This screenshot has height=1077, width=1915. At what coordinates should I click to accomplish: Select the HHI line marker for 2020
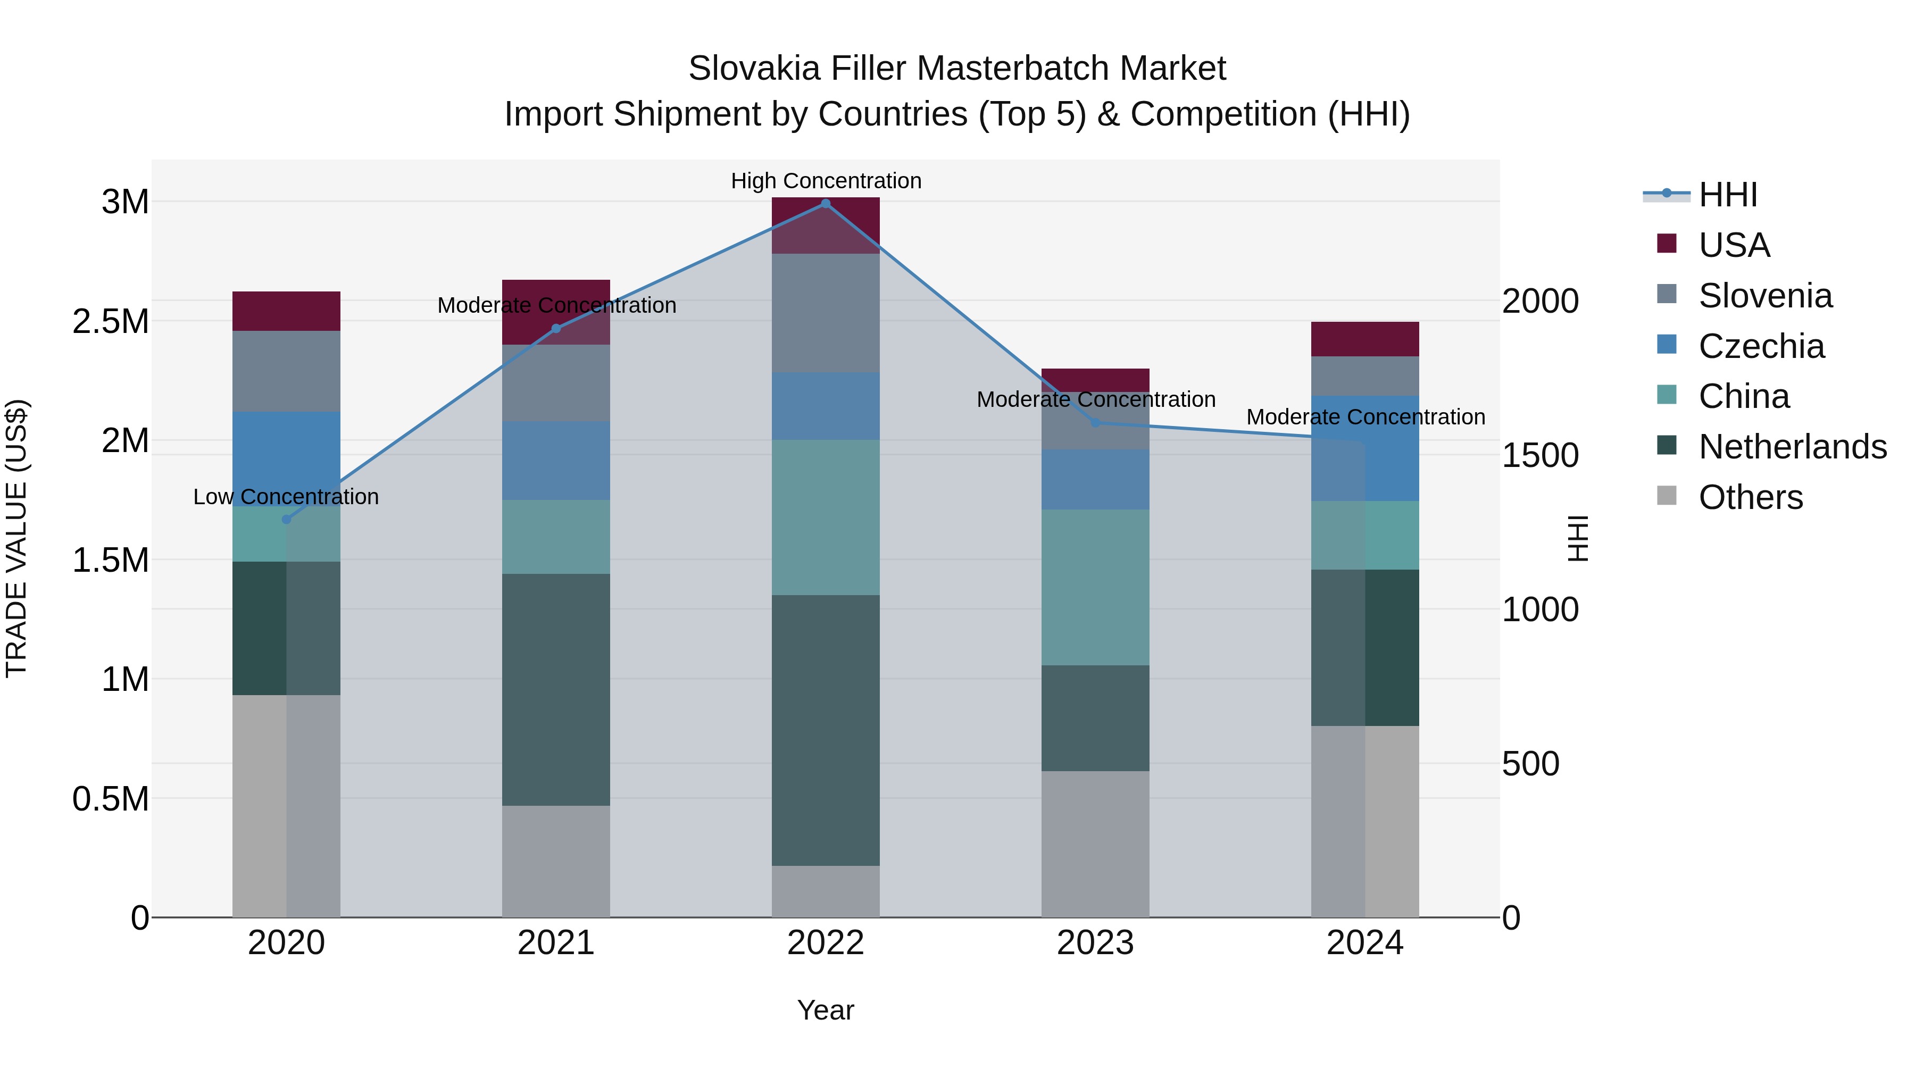pyautogui.click(x=286, y=520)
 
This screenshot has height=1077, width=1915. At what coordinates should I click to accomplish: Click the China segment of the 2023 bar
pyautogui.click(x=1095, y=587)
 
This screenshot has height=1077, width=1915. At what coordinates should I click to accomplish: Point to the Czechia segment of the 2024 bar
pyautogui.click(x=1365, y=448)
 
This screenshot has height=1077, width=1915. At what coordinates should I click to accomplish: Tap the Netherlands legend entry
pyautogui.click(x=1792, y=447)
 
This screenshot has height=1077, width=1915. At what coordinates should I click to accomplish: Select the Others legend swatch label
pyautogui.click(x=1750, y=497)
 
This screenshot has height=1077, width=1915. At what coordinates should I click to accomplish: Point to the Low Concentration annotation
pyautogui.click(x=286, y=497)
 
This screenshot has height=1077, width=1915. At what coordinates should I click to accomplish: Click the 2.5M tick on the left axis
pyautogui.click(x=110, y=321)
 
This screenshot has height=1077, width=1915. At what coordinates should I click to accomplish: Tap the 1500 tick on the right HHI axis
pyautogui.click(x=1539, y=456)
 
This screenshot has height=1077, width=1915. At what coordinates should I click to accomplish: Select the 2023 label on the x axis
pyautogui.click(x=1095, y=943)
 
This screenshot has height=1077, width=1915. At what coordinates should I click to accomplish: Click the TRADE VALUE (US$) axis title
pyautogui.click(x=16, y=538)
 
